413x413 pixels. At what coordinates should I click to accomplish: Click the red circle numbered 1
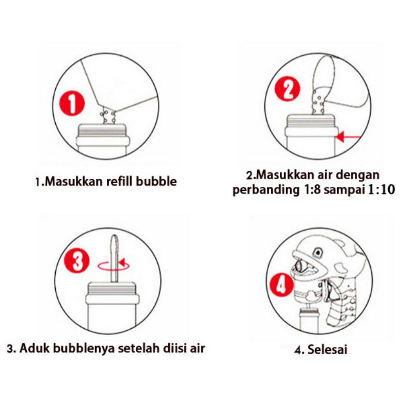[x=72, y=103]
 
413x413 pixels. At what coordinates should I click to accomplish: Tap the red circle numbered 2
[x=288, y=88]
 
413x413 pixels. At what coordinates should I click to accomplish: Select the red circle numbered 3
[x=77, y=261]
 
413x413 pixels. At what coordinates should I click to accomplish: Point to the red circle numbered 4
[x=281, y=285]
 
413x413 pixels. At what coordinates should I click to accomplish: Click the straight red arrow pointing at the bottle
[x=348, y=137]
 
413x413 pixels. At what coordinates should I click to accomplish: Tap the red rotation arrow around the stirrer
[x=114, y=265]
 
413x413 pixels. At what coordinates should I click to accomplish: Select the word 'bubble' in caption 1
[x=156, y=181]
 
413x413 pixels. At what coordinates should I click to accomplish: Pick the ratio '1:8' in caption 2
[x=310, y=189]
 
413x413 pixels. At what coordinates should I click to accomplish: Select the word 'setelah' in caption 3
[x=138, y=348]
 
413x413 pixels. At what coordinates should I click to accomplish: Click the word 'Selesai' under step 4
[x=327, y=350]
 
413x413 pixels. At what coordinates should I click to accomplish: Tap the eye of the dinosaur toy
[x=319, y=251]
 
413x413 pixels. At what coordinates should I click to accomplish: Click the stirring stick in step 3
[x=114, y=259]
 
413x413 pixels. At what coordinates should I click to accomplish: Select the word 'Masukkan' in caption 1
[x=70, y=181]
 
